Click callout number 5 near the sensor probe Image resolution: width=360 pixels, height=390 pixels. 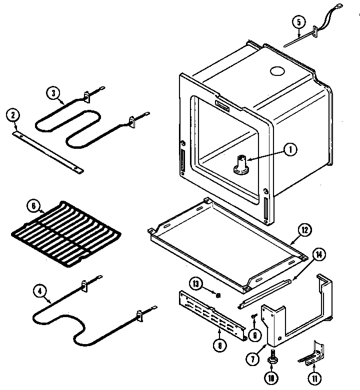click(x=298, y=22)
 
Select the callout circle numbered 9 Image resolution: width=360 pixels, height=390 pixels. click(x=255, y=336)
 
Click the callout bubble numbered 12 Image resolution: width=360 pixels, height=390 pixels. click(x=304, y=231)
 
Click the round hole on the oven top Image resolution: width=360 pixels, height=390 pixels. click(x=275, y=71)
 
